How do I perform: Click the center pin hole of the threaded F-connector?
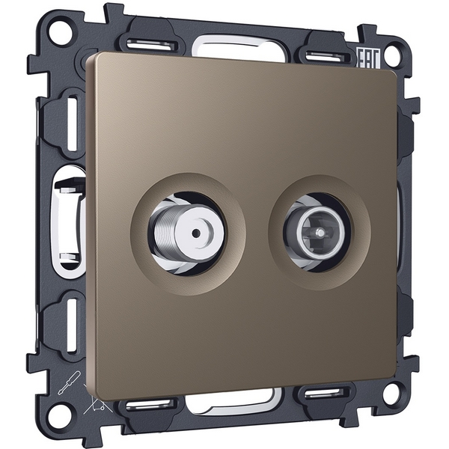tap(196, 233)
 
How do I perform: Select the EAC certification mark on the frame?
tap(368, 58)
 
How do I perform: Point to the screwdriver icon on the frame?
tap(69, 382)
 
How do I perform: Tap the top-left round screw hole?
tap(60, 30)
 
